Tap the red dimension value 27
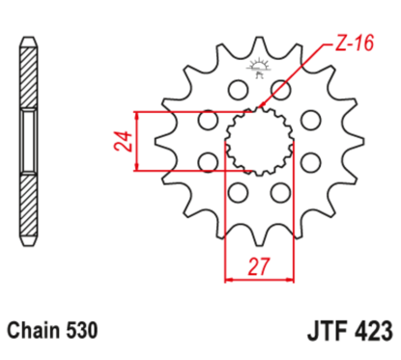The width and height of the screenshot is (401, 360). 257,267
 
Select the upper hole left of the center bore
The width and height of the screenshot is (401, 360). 207,121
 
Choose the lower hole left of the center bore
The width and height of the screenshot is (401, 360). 207,161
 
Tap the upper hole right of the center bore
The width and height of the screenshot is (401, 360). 310,121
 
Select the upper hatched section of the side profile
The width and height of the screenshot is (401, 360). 31,77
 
